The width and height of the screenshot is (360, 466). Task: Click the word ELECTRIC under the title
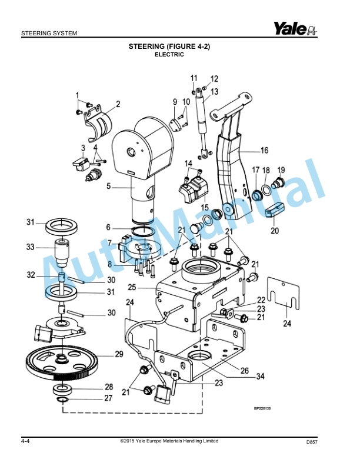tap(169, 55)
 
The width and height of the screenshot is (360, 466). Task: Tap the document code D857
tap(312, 442)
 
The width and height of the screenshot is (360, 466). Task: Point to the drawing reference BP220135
tap(266, 408)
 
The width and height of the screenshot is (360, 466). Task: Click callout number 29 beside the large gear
tap(119, 354)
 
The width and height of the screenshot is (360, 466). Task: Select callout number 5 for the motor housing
tap(108, 187)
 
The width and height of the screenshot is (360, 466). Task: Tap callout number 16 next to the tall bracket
tap(264, 149)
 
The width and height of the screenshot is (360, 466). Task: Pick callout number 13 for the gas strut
tap(214, 92)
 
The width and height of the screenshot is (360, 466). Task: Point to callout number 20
tap(274, 231)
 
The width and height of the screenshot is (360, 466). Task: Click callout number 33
tap(30, 247)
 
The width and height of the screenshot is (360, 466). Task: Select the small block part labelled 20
tap(275, 209)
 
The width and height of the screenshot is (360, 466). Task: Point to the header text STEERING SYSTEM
tap(49, 33)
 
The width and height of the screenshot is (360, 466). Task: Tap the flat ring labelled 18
tap(266, 189)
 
